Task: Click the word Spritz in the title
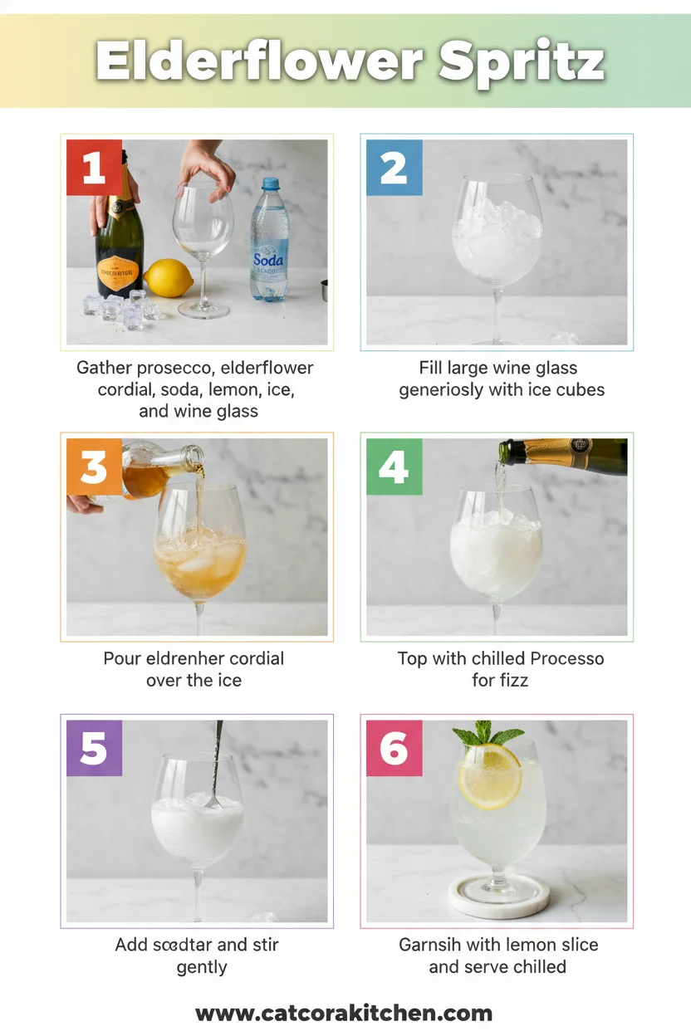click(x=522, y=61)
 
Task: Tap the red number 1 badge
click(x=94, y=168)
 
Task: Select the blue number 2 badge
click(x=394, y=168)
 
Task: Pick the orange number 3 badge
click(x=94, y=467)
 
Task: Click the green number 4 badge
click(x=394, y=467)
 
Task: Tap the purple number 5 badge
click(x=94, y=748)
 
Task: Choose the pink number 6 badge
click(x=394, y=748)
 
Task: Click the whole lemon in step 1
click(x=169, y=278)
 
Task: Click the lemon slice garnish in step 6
click(x=490, y=776)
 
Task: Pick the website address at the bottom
click(x=344, y=1013)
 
